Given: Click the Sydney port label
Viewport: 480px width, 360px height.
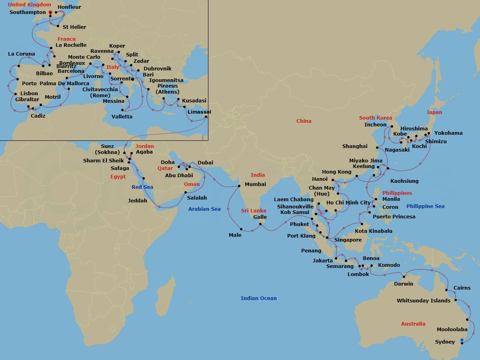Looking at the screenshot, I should click(445, 342).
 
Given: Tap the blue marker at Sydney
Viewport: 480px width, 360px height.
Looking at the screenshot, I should click(462, 340).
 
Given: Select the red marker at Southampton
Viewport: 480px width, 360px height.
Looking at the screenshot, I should click(50, 13).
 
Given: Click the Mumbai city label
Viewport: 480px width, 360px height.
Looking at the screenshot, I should click(255, 184).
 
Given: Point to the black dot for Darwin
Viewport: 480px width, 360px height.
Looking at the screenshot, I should click(405, 276).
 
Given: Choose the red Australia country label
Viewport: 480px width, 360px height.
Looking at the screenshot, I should click(413, 324).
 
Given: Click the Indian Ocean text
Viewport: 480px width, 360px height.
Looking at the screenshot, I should click(258, 298).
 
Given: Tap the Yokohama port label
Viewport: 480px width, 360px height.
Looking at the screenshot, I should click(448, 133).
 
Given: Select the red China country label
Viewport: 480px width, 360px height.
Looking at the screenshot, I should click(304, 121).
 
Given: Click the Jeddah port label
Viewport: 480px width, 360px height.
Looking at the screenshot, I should click(138, 201).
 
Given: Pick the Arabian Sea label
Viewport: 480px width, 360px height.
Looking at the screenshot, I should click(204, 209).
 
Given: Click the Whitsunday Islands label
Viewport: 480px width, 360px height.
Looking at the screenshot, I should click(423, 301).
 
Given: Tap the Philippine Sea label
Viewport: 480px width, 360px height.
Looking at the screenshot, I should click(425, 206).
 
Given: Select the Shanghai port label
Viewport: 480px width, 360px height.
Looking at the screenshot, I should click(355, 146).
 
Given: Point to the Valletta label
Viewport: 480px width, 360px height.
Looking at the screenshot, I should click(122, 117).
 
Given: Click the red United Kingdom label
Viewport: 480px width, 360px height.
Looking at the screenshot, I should click(30, 5).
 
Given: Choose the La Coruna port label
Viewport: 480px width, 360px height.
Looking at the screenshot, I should click(22, 54).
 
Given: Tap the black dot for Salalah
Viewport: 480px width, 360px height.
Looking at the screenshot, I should click(185, 192).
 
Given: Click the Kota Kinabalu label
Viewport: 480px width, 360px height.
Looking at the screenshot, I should click(374, 231).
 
